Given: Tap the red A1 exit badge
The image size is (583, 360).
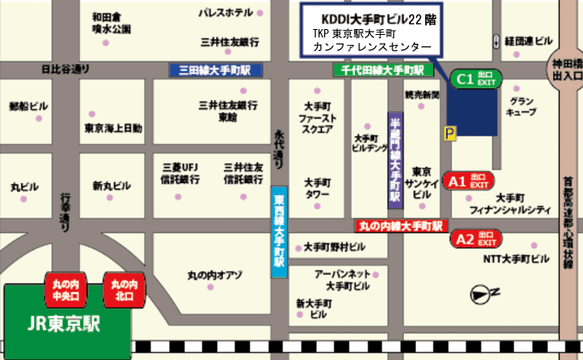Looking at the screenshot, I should (470, 180).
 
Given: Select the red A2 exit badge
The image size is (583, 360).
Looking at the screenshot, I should (476, 240).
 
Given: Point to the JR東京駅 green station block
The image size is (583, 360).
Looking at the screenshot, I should (66, 321).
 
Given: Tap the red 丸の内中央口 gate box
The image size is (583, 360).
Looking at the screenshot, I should (65, 286).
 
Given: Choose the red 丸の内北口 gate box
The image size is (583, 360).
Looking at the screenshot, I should (123, 286).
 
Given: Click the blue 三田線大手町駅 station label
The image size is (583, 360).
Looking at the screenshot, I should (215, 71).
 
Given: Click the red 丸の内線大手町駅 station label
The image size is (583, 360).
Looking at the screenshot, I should (401, 225).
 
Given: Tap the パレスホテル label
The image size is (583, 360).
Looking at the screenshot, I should (226, 13).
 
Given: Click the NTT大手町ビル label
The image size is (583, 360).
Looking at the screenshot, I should (516, 259).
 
